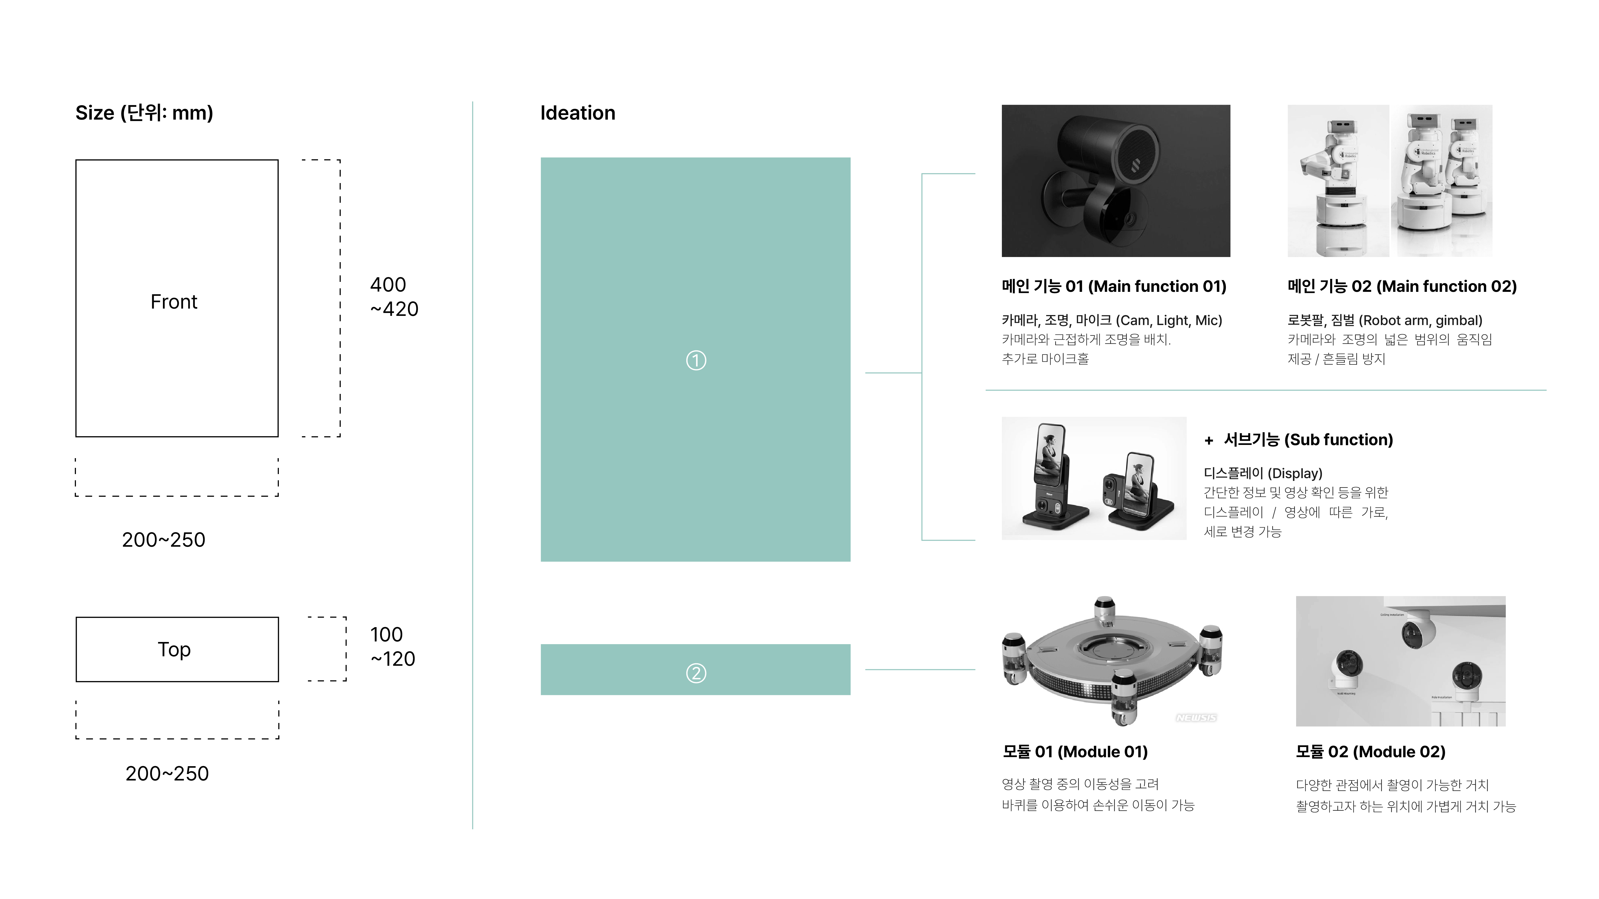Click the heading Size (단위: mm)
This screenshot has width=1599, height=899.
coord(144,113)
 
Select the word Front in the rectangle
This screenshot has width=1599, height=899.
coord(174,302)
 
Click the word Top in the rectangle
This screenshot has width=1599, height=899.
coord(174,650)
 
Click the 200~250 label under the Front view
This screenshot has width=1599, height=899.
coord(163,540)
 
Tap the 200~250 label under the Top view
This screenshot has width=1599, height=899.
coord(167,774)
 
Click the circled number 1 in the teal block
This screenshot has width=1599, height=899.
coord(696,360)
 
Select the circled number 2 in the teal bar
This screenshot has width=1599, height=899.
coord(696,673)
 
